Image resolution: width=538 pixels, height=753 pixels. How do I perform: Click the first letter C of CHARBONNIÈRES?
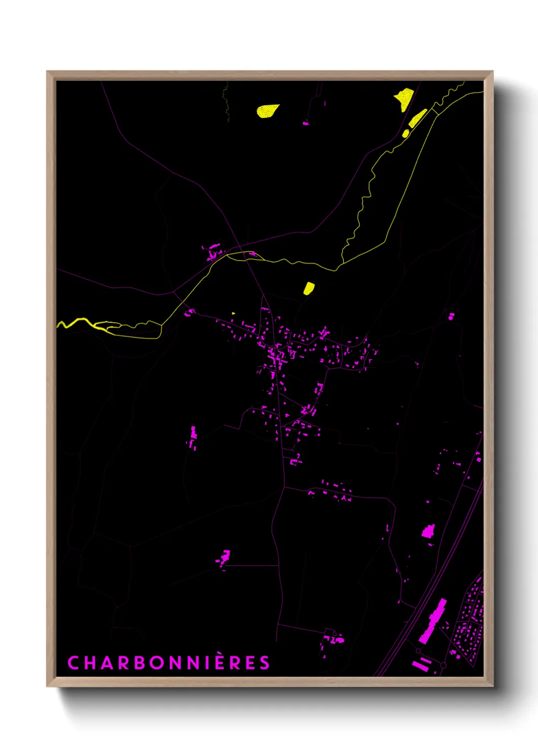(x=73, y=663)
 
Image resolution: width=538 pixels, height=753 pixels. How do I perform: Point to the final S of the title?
(x=264, y=663)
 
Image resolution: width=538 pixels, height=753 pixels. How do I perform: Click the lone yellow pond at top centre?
(x=267, y=110)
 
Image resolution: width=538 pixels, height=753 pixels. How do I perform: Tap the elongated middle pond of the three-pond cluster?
(x=417, y=118)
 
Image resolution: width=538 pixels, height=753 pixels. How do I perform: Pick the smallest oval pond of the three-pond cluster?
(x=405, y=133)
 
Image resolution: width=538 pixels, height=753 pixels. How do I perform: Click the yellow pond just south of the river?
(x=309, y=288)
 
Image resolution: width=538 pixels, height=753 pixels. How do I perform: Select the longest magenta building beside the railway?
(x=433, y=621)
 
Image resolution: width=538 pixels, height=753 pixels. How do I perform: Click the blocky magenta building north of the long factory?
(x=428, y=532)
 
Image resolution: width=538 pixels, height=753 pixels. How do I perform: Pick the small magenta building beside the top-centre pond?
(x=306, y=123)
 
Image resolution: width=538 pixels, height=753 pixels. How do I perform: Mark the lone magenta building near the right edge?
(x=451, y=316)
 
